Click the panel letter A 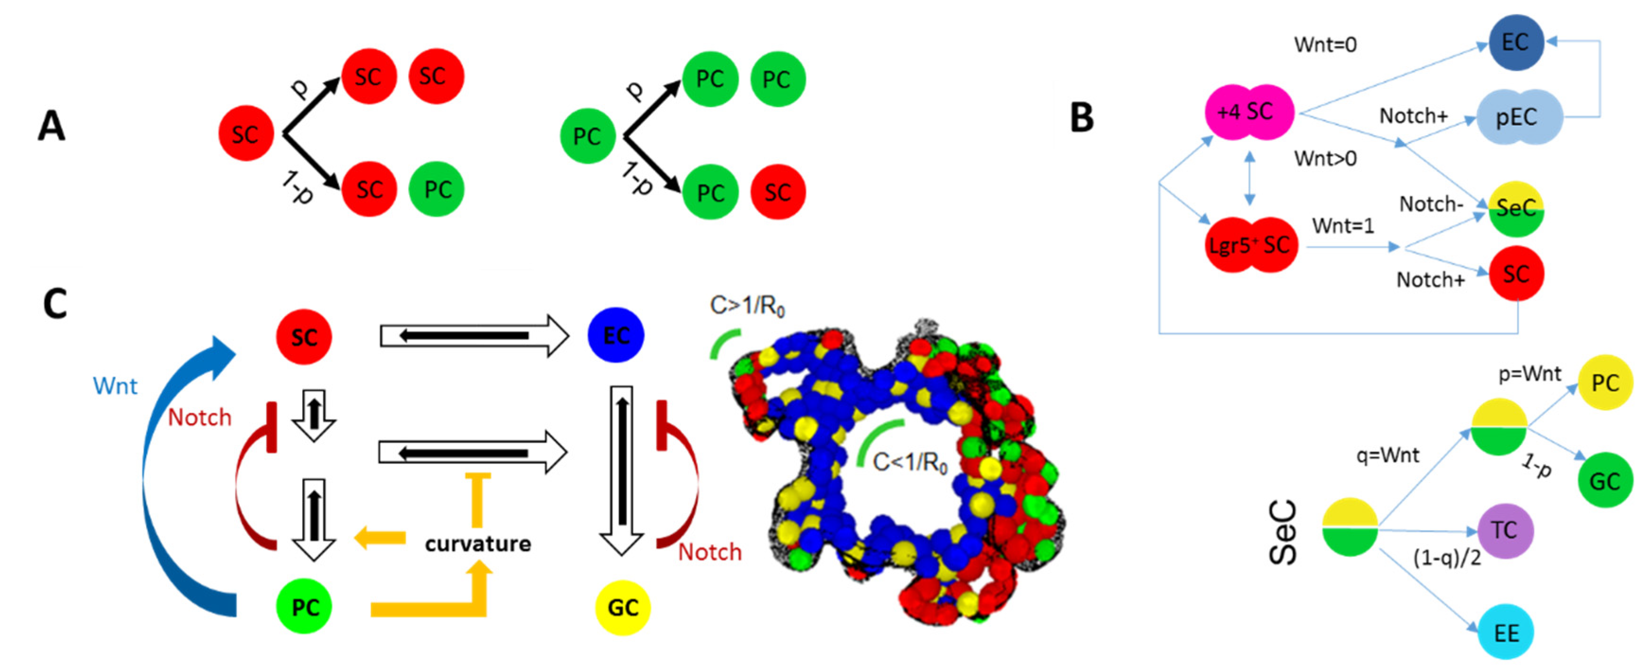[x=52, y=126]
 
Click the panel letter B [x=1082, y=118]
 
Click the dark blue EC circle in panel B [x=1515, y=42]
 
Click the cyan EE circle [x=1506, y=633]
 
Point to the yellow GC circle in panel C [x=622, y=607]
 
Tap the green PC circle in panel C [x=304, y=607]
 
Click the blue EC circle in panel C [x=615, y=336]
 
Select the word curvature [x=478, y=544]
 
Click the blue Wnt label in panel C [x=115, y=386]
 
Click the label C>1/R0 [x=747, y=307]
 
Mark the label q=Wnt [x=1387, y=455]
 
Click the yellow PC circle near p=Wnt [x=1605, y=383]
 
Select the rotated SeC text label [x=1282, y=532]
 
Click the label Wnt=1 [x=1342, y=226]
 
